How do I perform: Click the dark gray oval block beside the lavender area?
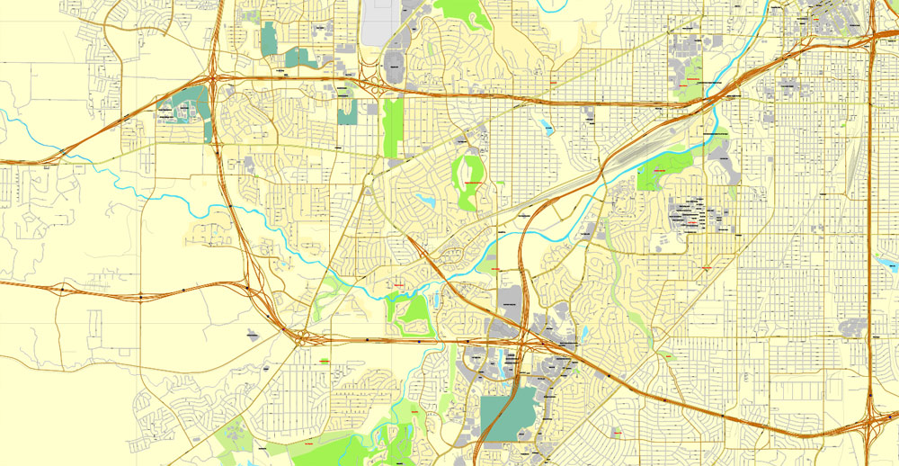coord(394,64)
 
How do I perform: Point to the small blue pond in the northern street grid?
coord(546,127)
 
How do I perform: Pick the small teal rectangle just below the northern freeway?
coord(347,112)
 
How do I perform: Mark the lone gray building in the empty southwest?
coord(253,335)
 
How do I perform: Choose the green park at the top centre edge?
coord(463,13)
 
